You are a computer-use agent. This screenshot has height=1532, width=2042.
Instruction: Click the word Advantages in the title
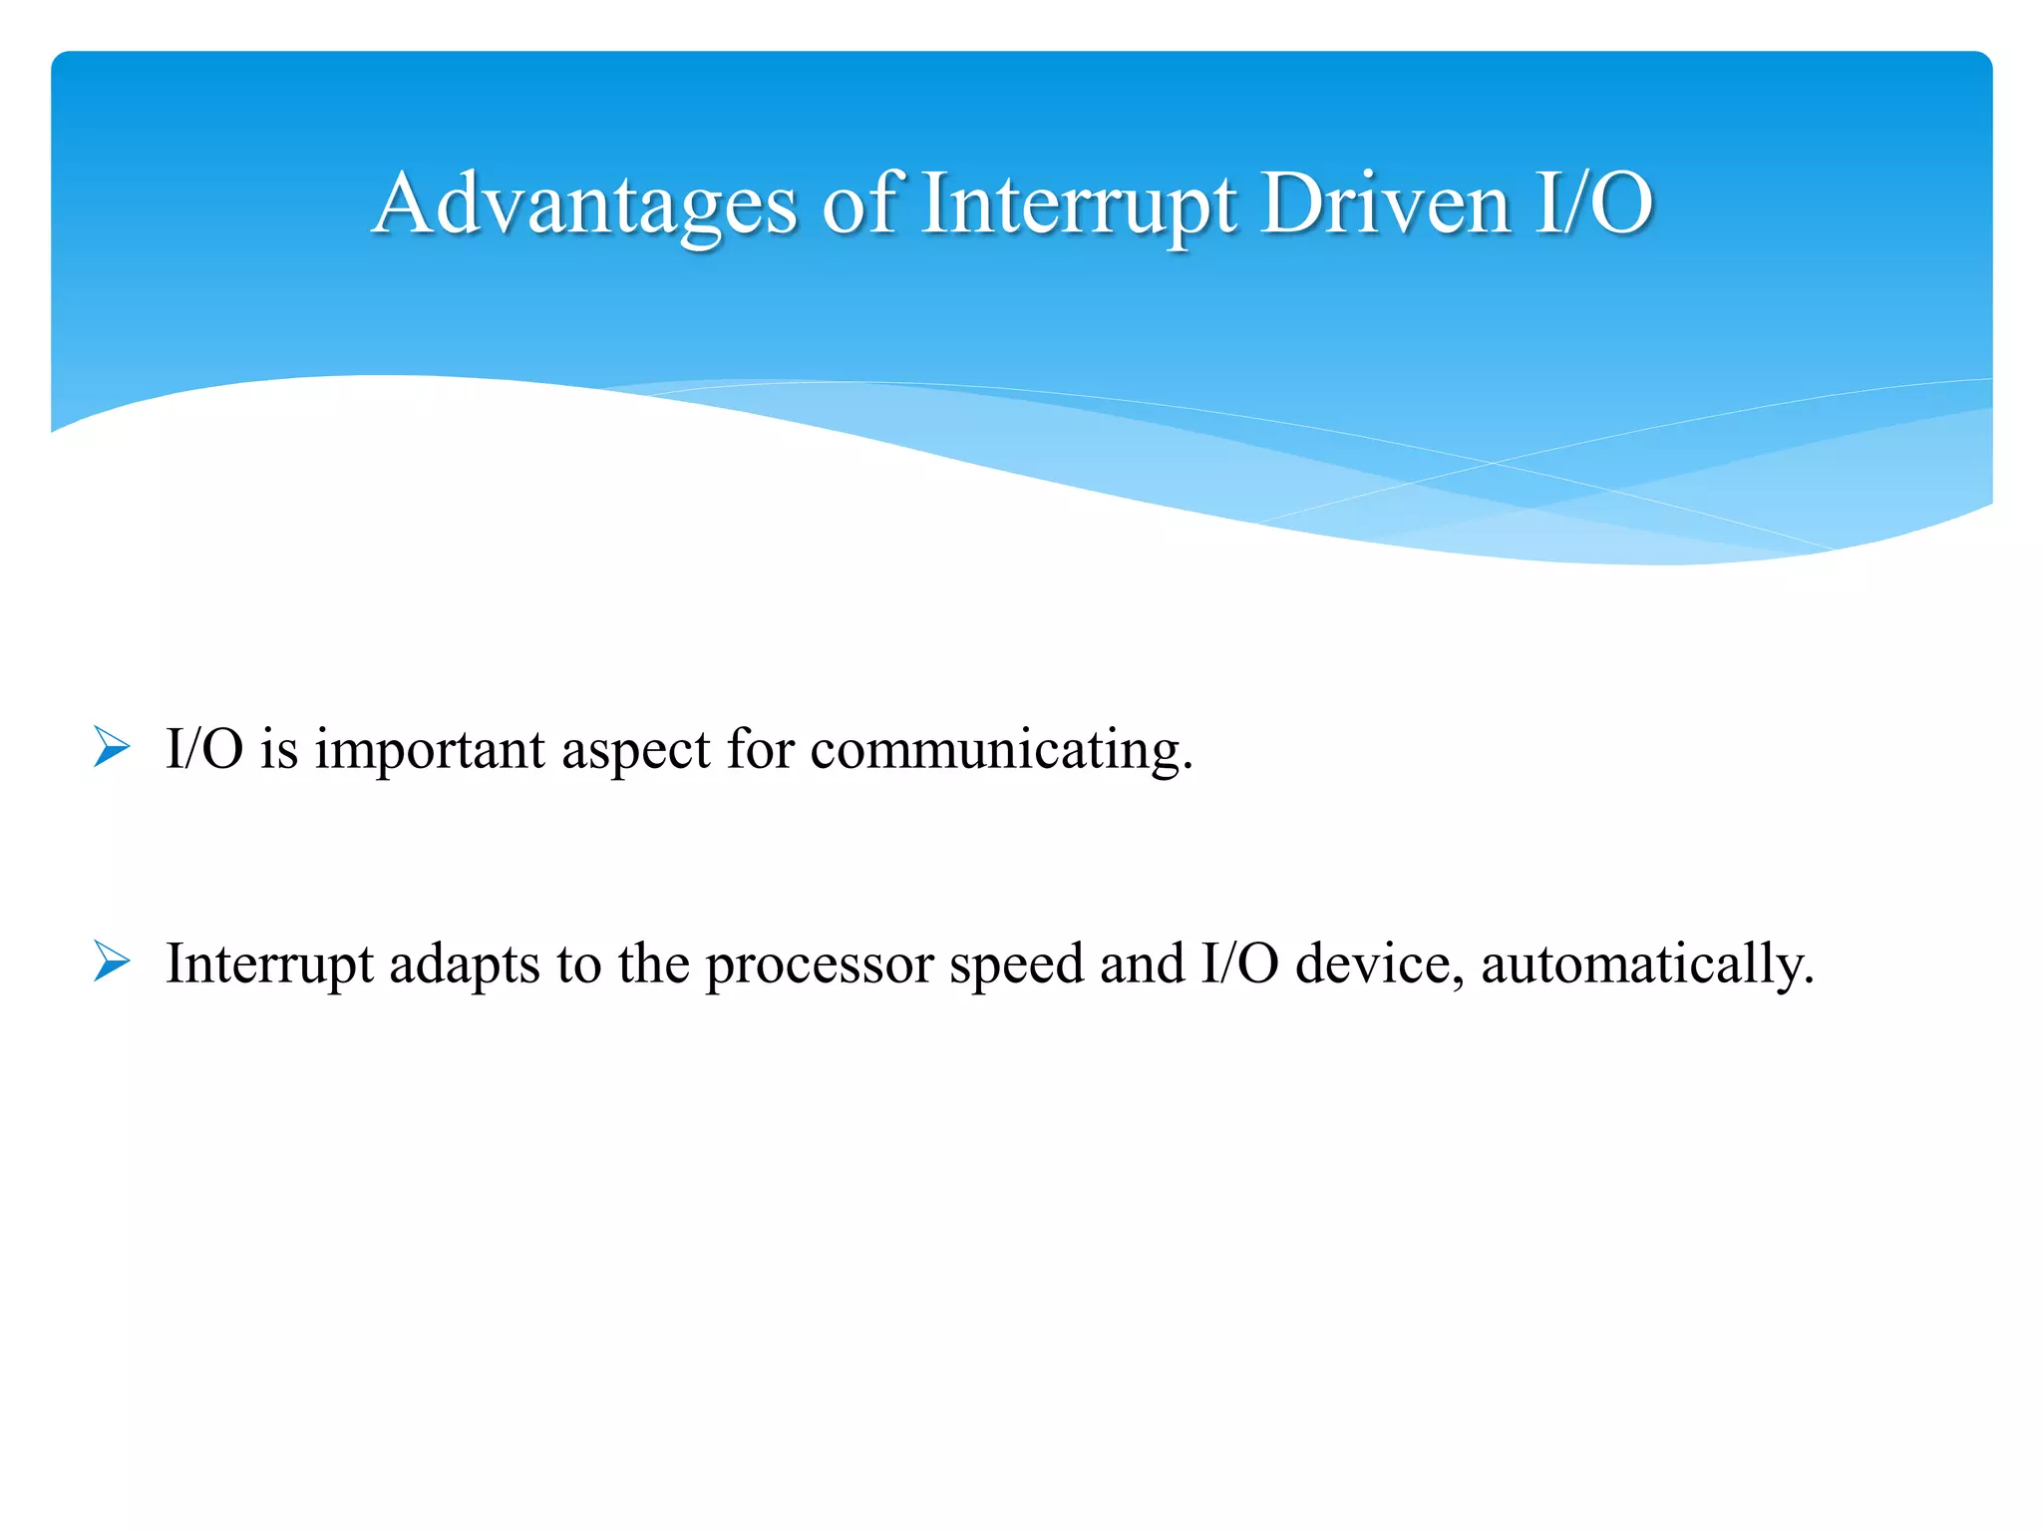(x=585, y=204)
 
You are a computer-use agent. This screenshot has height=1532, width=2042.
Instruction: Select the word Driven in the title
(x=1385, y=204)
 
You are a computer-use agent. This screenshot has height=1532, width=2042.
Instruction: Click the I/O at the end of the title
(x=1594, y=204)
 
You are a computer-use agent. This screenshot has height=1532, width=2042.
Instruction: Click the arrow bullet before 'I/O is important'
(x=112, y=748)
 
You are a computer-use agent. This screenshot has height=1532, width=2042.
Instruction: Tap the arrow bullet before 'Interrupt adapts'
(x=112, y=962)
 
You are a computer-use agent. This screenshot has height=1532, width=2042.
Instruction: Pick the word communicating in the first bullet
(x=1000, y=750)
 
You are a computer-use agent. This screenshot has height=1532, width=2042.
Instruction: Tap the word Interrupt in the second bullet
(x=269, y=964)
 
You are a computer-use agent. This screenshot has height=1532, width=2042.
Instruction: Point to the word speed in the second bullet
(x=1016, y=964)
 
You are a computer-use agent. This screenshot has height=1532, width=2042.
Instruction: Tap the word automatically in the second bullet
(x=1645, y=964)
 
